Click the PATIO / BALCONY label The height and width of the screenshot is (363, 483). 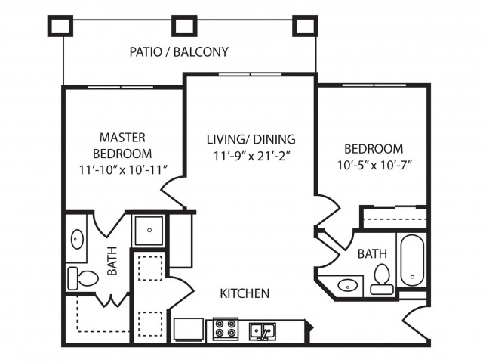[179, 52]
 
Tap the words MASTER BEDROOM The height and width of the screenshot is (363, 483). [122, 145]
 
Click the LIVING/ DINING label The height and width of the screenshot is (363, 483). [251, 139]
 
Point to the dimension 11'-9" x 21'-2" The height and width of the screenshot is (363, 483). [251, 157]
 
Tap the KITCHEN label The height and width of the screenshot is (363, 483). [245, 293]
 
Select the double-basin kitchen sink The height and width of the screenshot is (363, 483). [262, 330]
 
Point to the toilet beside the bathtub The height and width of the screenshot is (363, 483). [381, 278]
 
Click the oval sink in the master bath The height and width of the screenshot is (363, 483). [78, 240]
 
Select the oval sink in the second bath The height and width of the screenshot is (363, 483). [348, 286]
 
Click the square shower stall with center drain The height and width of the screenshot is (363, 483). [149, 230]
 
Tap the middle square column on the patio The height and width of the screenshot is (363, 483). [184, 26]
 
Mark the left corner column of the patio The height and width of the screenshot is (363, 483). [61, 26]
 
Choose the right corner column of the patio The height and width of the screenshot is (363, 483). [306, 26]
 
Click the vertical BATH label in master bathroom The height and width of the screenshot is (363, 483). [112, 259]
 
